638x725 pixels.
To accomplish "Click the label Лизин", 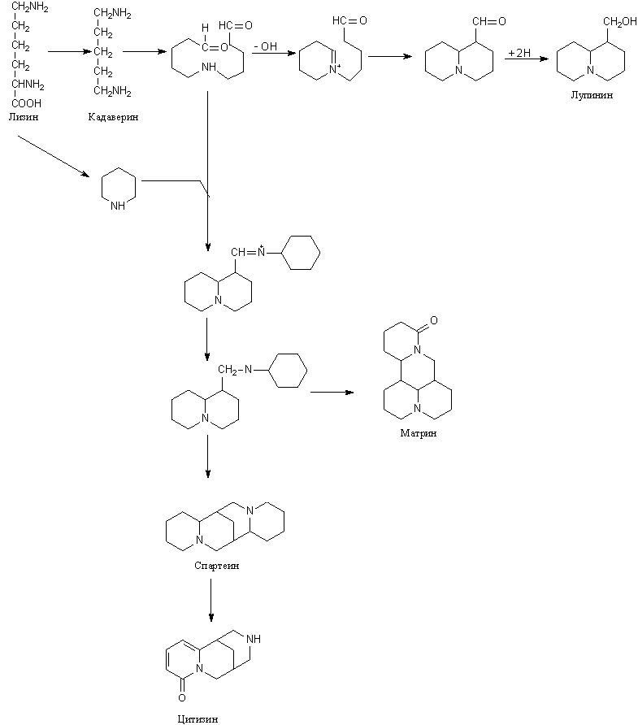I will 23,116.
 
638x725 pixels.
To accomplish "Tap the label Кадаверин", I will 114,117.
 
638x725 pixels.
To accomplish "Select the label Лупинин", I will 592,95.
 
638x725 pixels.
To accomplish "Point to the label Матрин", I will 418,432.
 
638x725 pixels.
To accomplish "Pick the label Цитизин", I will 197,718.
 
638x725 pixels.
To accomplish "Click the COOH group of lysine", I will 26,103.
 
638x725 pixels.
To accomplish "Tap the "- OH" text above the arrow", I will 265,46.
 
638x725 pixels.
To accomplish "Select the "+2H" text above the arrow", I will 519,53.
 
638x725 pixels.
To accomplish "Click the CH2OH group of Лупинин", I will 611,22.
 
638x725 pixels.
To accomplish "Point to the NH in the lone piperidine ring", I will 118,206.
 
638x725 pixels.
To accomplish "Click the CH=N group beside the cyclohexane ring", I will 248,254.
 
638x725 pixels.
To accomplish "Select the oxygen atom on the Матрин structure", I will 433,322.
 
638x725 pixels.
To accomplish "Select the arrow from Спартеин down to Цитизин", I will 210,601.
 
